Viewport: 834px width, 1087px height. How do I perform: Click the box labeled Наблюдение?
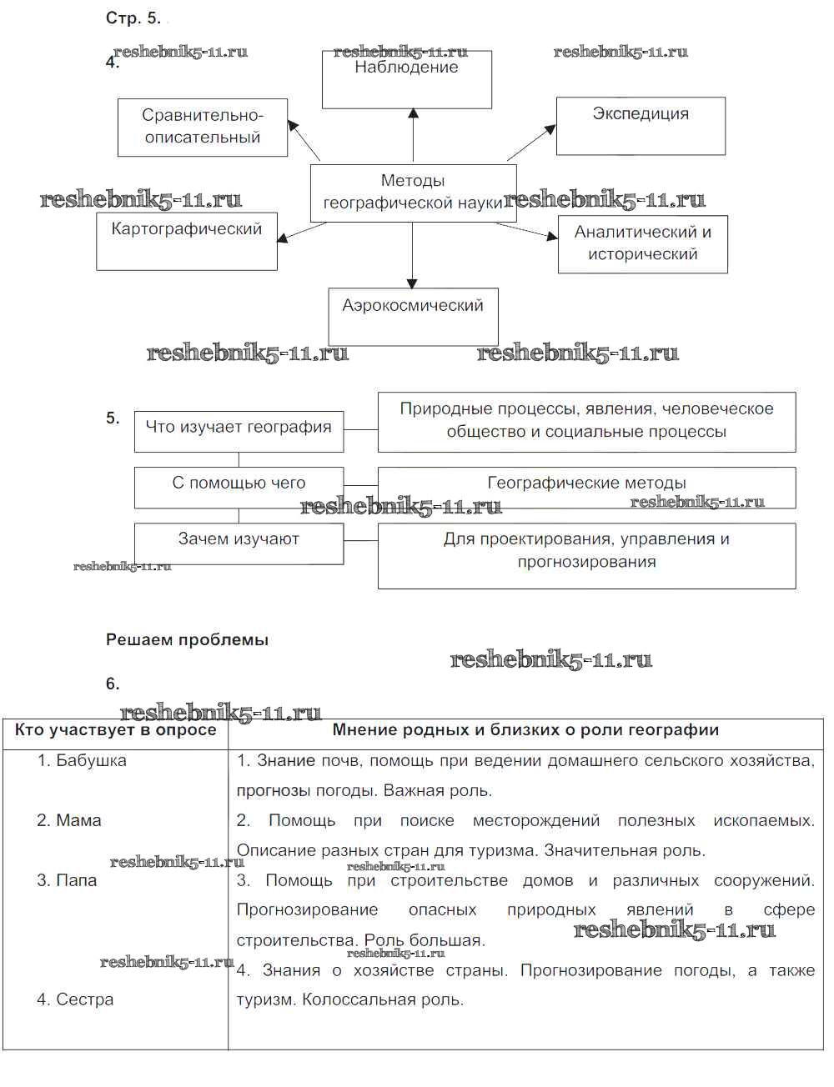coord(407,79)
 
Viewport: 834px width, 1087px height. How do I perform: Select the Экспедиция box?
coord(641,126)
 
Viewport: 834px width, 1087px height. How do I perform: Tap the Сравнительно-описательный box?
coord(203,128)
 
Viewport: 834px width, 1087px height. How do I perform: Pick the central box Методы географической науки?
coord(413,193)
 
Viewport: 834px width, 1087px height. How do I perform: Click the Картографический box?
coord(187,241)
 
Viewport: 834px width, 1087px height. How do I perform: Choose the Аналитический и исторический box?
coord(642,244)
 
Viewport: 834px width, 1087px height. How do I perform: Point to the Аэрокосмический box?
coord(413,316)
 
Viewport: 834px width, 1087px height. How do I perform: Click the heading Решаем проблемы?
coord(187,640)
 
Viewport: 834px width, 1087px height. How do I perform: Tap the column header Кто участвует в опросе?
coord(115,730)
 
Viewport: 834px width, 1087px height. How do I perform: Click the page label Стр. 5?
coord(133,18)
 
